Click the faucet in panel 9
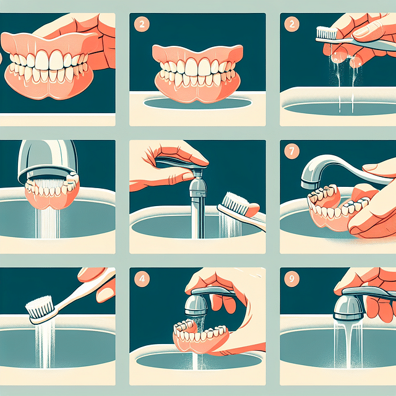[350, 303]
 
